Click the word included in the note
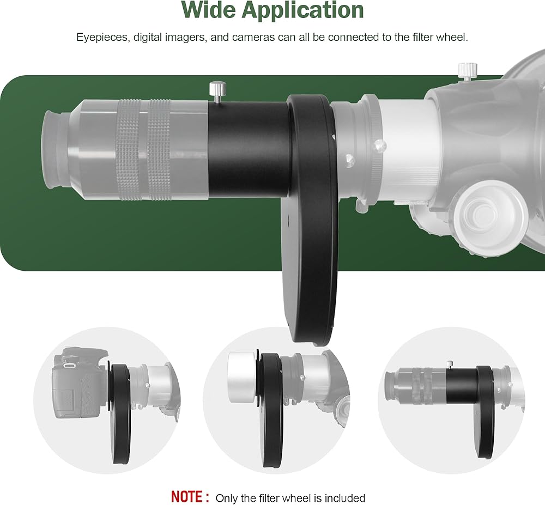pyautogui.click(x=343, y=498)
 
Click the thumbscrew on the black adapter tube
pyautogui.click(x=218, y=92)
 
